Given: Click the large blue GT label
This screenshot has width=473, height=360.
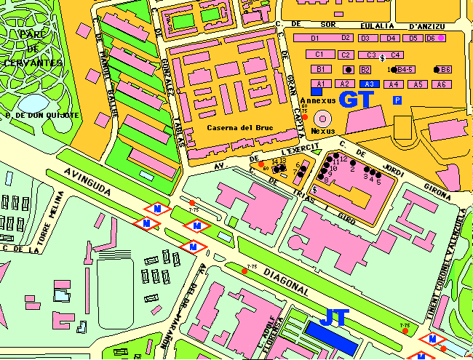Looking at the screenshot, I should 357,100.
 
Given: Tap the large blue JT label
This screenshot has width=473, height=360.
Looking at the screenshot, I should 335,317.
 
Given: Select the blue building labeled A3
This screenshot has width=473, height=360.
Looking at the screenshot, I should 369,84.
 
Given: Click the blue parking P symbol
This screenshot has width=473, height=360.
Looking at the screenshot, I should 397,100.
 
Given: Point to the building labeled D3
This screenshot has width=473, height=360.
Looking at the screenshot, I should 366,38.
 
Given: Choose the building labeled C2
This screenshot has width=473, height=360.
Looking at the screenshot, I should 346,55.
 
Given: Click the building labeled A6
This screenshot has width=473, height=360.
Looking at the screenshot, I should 440,84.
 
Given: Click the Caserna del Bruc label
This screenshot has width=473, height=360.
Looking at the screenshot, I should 230,128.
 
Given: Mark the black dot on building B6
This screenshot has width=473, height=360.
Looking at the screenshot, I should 437,70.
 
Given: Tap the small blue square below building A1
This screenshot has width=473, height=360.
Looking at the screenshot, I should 316,92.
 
